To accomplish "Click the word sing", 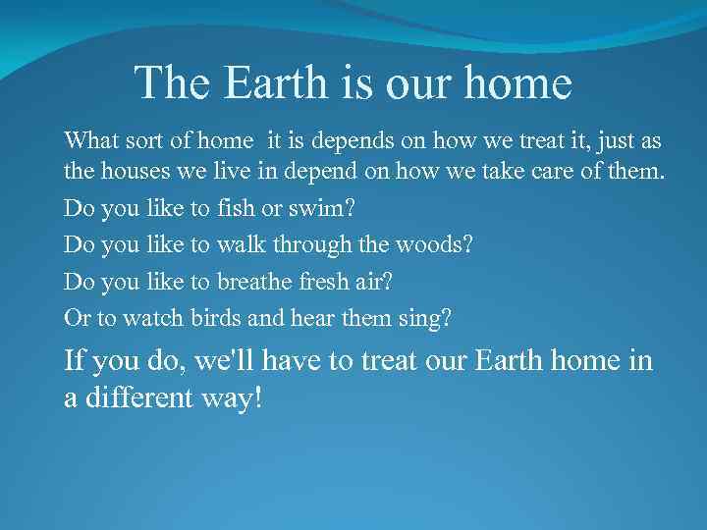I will coord(428,317).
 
